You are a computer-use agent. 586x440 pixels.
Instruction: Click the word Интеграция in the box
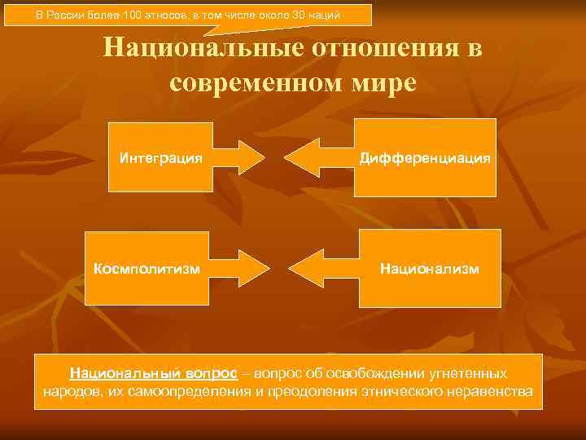(x=160, y=156)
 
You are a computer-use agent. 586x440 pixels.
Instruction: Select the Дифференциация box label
(x=425, y=156)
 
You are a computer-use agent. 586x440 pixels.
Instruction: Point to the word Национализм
(x=430, y=267)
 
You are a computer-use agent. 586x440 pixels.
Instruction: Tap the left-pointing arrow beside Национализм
(x=319, y=267)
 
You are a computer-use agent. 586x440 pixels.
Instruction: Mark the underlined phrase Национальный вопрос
(x=154, y=373)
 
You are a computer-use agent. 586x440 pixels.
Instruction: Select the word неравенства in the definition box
(x=493, y=392)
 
